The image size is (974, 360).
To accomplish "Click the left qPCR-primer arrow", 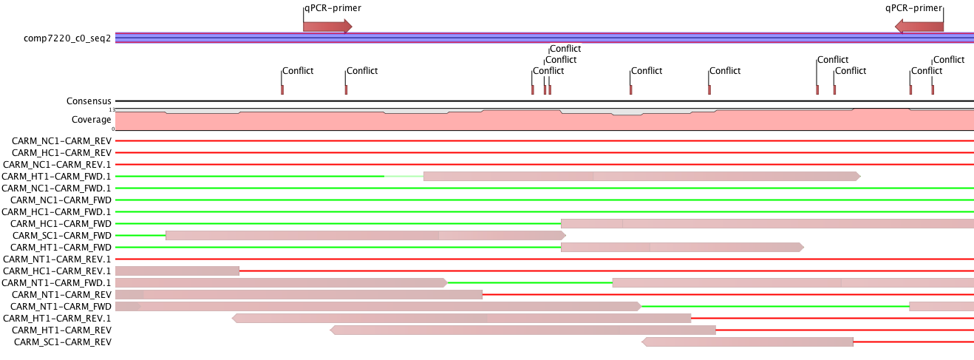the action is tap(327, 26).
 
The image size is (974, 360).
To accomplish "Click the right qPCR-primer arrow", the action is tap(919, 26).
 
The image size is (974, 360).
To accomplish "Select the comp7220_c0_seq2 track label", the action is tap(67, 38).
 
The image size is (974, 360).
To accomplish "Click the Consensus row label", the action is tap(89, 101).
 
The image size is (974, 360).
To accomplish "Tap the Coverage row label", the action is tap(92, 120).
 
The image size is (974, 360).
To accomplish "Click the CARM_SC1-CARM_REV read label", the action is tap(63, 342).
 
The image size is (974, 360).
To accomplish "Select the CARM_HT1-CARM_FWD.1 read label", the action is tap(56, 177).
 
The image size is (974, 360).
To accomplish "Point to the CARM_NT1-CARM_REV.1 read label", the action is tap(57, 259).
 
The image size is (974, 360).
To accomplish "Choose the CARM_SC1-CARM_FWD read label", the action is tap(62, 236).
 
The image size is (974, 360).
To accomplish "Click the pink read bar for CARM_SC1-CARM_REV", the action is tap(747, 342).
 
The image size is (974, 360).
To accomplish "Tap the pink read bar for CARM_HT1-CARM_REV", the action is tap(522, 330).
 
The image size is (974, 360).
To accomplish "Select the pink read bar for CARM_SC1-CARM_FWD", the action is tap(366, 236).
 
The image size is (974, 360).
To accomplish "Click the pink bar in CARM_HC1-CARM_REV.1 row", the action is tap(177, 271).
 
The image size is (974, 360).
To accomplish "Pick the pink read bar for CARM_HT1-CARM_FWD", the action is tap(682, 248).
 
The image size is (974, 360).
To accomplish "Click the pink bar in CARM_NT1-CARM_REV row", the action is tap(299, 295).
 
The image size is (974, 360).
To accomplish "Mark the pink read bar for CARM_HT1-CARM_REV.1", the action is tap(461, 319).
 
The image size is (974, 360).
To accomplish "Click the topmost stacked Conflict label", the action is tap(565, 49).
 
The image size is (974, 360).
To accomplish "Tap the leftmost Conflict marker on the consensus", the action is tap(282, 90).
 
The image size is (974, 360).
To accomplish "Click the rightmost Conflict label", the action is tap(949, 60).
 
